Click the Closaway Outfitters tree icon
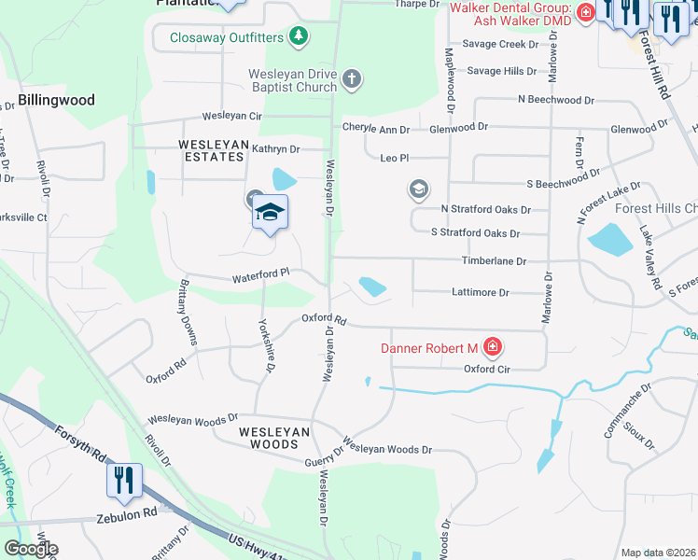tap(299, 37)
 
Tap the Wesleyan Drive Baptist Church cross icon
tap(352, 78)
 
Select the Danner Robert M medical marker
tap(492, 349)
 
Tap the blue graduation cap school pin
tap(270, 213)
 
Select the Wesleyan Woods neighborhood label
tap(273, 438)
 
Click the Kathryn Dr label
tap(275, 148)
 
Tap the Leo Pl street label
tap(395, 159)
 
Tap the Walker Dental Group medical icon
tap(585, 12)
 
